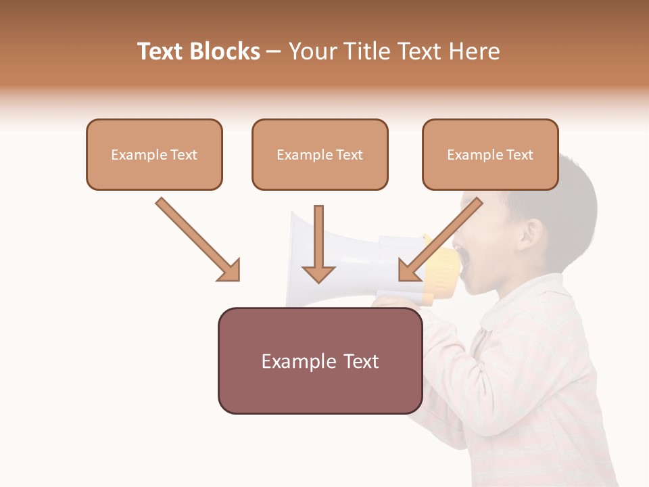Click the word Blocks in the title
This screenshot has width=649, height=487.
(x=224, y=51)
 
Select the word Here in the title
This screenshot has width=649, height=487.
(x=473, y=51)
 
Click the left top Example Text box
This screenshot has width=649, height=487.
(x=154, y=155)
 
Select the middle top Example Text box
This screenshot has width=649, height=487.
(x=320, y=155)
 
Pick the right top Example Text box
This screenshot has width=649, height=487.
(x=490, y=155)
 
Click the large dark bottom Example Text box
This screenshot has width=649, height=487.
(x=320, y=361)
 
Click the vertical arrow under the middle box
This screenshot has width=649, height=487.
(x=318, y=243)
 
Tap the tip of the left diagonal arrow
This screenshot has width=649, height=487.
(x=238, y=279)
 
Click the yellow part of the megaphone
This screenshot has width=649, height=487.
(x=443, y=271)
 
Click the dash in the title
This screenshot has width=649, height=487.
(x=274, y=52)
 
